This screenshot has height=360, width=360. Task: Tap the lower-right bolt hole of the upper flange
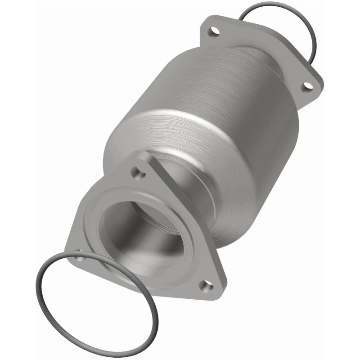308,85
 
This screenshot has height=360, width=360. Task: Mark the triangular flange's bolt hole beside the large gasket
79,258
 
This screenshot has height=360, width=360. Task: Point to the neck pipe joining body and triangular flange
202,198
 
